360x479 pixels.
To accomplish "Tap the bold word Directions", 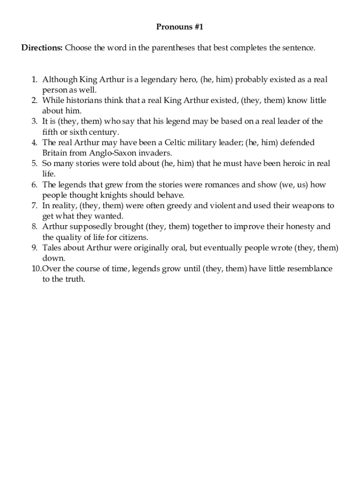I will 42,48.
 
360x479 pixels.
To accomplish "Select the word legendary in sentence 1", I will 157,80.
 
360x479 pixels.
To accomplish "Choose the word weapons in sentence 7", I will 309,205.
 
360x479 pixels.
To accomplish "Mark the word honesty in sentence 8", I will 295,226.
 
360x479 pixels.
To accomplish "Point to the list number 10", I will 36,269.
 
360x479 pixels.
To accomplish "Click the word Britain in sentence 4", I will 55,153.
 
